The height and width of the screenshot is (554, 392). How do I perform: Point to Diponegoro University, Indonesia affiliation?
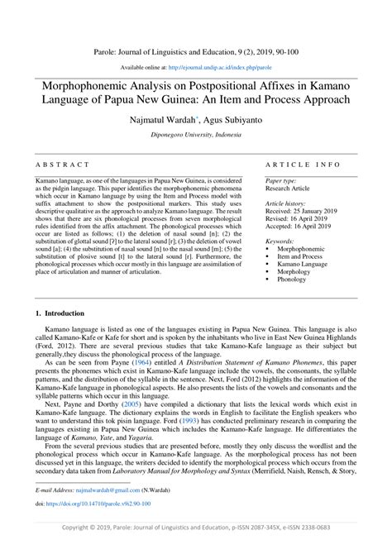pos(195,132)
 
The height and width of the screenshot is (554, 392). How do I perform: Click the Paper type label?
pos(281,179)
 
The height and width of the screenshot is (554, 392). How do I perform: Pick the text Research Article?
pos(288,188)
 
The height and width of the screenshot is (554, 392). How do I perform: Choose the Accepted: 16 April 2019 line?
pos(299,227)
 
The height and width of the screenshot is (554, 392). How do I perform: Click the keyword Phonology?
pos(294,279)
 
